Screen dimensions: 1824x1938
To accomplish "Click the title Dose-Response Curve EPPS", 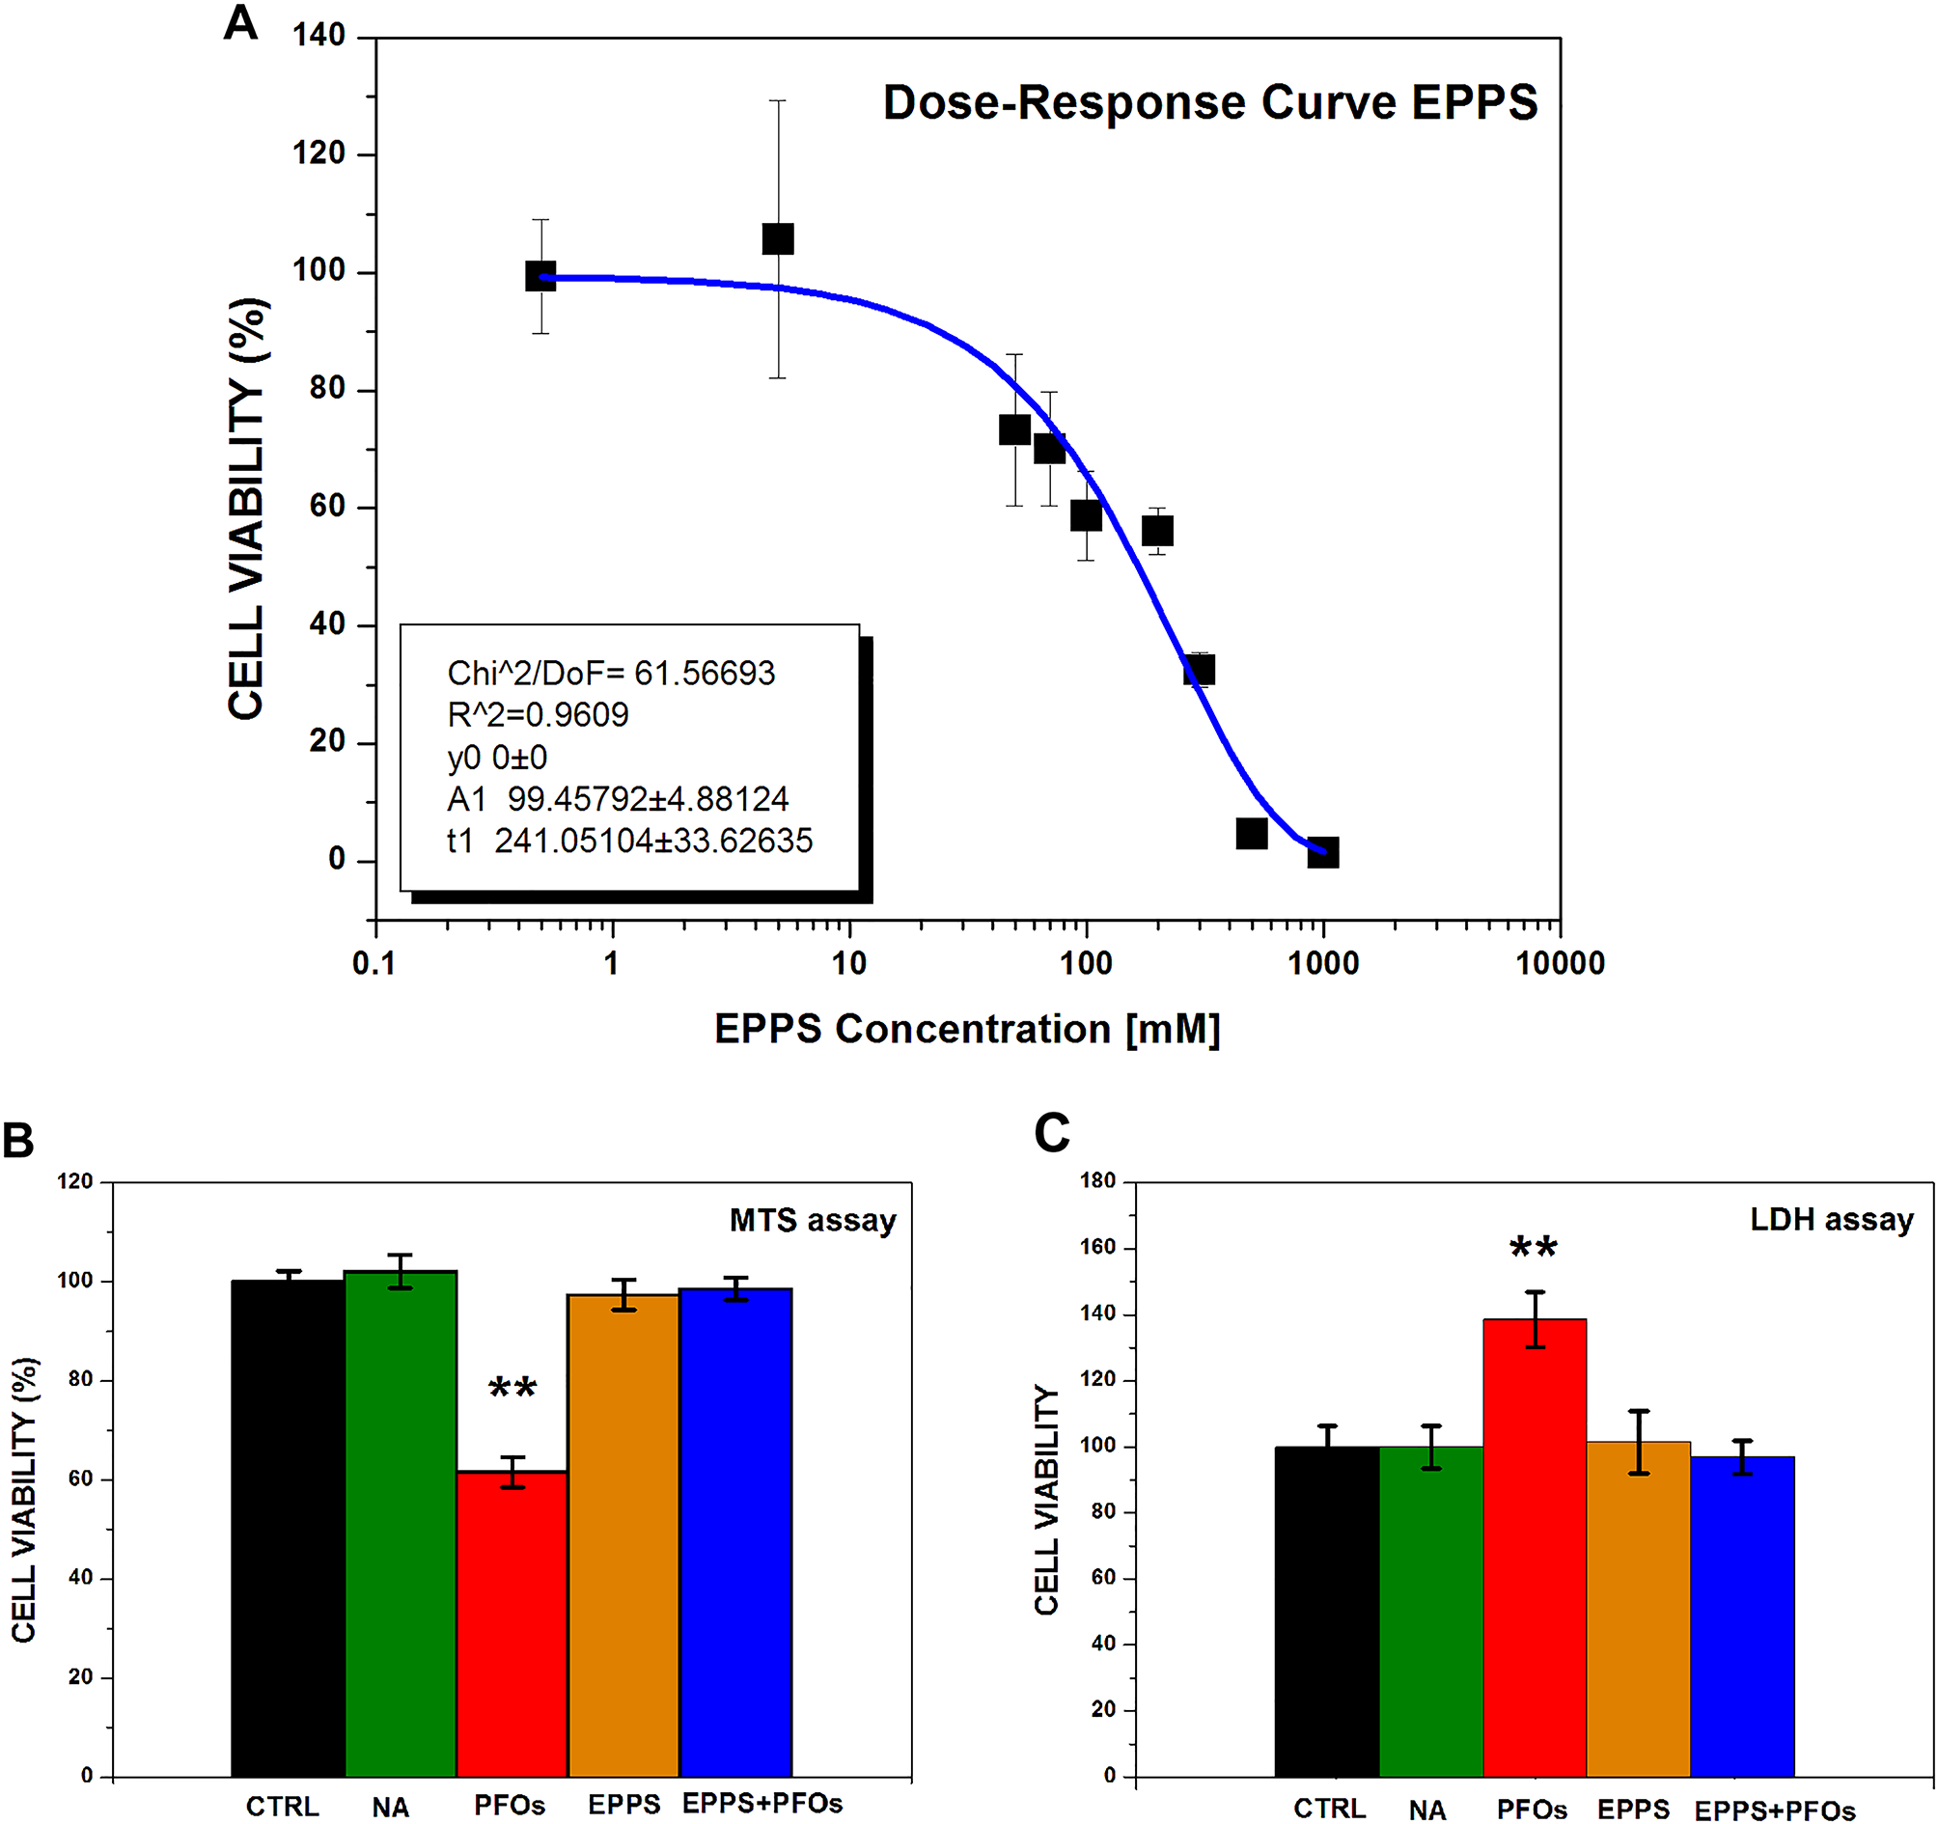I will [1208, 102].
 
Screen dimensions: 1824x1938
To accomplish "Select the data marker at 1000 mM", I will [1322, 852].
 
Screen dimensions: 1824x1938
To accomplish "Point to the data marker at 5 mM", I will [777, 238].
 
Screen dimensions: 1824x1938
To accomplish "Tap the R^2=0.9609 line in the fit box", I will [538, 714].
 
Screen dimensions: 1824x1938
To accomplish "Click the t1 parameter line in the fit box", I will [628, 841].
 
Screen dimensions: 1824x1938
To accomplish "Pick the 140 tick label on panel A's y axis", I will [318, 36].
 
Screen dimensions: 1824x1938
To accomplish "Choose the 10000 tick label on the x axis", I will [1559, 963].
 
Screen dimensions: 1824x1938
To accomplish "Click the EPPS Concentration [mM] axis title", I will [966, 1030].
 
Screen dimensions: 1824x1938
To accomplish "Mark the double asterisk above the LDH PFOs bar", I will [1533, 1249].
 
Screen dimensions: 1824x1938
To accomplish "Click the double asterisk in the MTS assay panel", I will [512, 1388].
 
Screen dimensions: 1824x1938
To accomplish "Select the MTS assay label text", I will [812, 1221].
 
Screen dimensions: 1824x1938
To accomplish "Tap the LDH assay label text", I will [1831, 1220].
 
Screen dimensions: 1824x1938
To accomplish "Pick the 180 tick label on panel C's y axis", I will [1097, 1181].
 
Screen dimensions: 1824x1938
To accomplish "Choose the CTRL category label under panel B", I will [282, 1807].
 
